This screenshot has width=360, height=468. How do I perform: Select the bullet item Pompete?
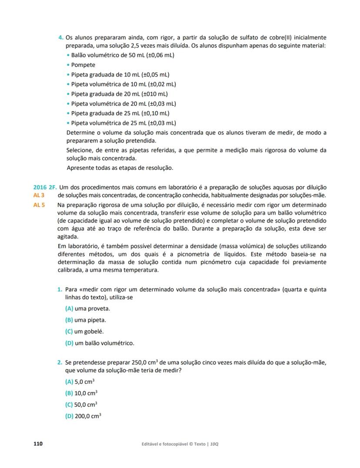coord(83,65)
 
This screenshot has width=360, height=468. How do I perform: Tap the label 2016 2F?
coord(43,187)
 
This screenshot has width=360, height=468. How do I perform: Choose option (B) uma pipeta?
coord(85,320)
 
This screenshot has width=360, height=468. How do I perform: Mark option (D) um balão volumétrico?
coord(99,343)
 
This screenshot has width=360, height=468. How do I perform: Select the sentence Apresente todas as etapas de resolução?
coord(120,168)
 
